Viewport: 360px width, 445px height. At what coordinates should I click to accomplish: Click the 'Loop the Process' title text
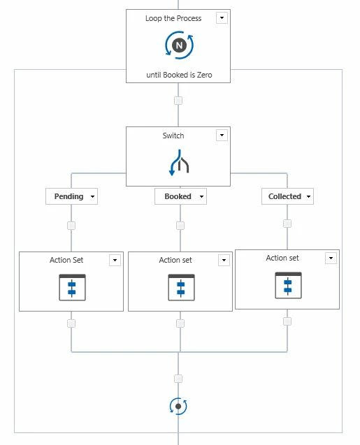point(173,18)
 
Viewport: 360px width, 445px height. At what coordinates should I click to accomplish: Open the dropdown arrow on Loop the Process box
point(222,18)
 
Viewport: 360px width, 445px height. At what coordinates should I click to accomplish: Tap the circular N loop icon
point(179,45)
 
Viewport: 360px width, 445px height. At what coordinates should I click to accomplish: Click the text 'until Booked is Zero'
point(179,75)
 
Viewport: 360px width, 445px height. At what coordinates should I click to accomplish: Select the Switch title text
point(173,136)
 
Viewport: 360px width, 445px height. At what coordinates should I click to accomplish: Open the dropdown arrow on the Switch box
point(222,135)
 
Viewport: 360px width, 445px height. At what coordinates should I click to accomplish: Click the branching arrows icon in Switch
point(179,163)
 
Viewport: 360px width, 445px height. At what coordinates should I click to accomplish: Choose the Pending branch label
point(69,196)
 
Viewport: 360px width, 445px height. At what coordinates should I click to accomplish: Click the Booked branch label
point(178,196)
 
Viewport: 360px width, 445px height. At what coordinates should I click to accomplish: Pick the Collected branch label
point(285,196)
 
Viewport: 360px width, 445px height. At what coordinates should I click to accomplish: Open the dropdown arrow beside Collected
point(308,196)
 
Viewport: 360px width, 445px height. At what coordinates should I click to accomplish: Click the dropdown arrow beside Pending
point(92,196)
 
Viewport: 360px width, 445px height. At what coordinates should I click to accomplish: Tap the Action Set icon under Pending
point(72,288)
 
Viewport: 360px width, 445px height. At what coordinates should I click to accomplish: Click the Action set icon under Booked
point(182,288)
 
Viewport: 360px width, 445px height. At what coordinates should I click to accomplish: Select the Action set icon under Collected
point(288,286)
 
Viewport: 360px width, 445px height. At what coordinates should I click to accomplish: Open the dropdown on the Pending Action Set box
point(115,260)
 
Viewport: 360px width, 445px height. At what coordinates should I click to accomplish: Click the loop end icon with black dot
point(178,407)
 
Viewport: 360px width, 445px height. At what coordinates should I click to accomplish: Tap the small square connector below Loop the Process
point(178,101)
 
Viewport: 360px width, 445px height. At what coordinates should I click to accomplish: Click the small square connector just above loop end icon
point(178,379)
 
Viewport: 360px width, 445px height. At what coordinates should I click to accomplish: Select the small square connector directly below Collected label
point(287,224)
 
